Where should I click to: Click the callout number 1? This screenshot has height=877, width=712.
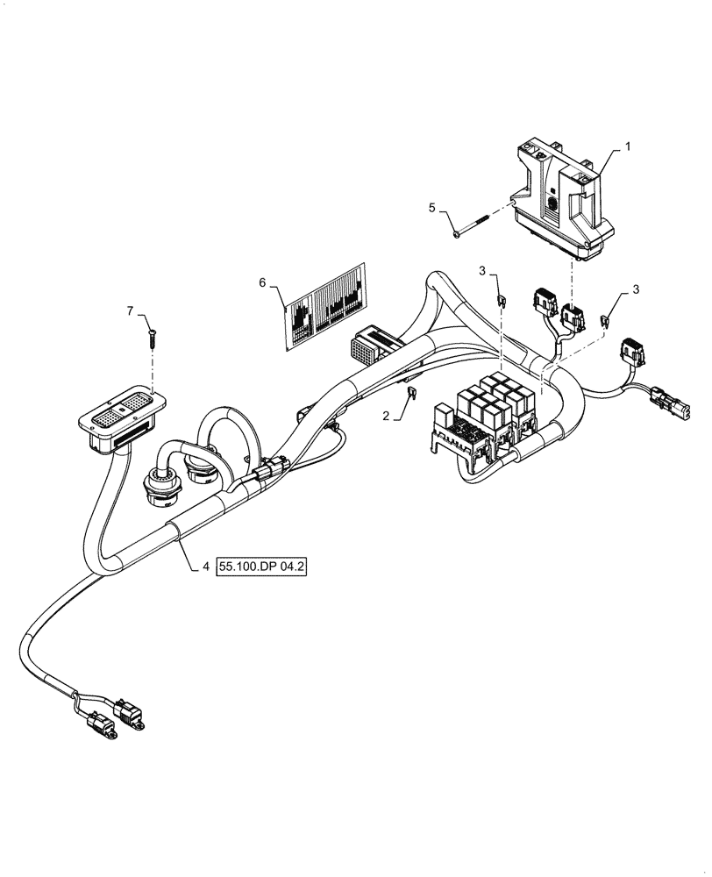pyautogui.click(x=628, y=150)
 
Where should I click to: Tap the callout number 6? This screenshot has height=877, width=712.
pyautogui.click(x=261, y=282)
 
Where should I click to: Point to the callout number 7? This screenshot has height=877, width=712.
pyautogui.click(x=131, y=311)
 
